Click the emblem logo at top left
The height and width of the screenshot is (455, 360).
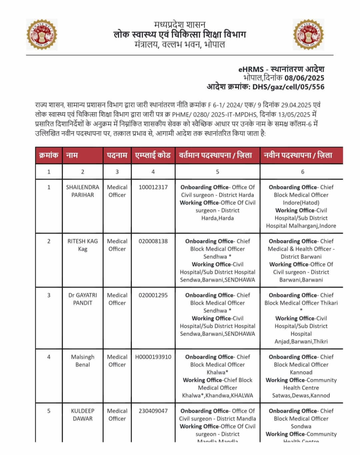pos(42,35)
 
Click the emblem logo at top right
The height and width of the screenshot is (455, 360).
pos(308,35)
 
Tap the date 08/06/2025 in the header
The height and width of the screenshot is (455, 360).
pos(304,78)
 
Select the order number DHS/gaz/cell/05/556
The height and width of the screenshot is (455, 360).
pos(288,87)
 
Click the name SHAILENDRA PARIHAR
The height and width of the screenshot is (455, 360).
pos(82,191)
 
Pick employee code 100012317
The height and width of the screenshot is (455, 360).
pos(153,187)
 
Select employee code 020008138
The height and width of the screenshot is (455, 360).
pos(153,241)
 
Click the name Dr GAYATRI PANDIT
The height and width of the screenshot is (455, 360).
pos(82,299)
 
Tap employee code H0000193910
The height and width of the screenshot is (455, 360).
pos(153,357)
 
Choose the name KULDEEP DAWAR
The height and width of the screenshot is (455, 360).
pos(82,415)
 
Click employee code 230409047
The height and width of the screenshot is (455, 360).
pos(153,411)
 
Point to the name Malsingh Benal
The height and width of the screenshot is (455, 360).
pos(82,361)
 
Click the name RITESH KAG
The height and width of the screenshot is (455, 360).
pos(82,245)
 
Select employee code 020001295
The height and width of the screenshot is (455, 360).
pos(153,295)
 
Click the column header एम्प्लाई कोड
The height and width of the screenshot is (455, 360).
pos(153,155)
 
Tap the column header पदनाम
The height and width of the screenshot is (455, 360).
pos(117,155)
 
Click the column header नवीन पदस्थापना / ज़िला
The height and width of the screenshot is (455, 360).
pos(298,155)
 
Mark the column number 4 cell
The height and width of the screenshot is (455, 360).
pos(153,172)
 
